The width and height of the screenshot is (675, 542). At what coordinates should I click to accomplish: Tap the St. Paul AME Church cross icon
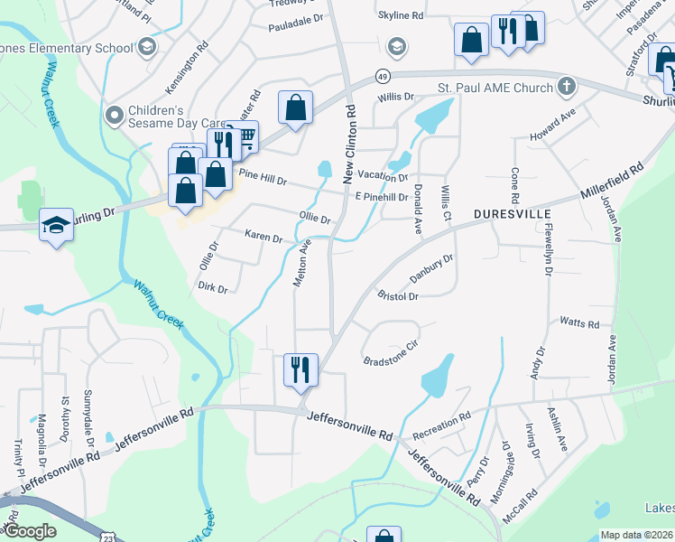[566, 87]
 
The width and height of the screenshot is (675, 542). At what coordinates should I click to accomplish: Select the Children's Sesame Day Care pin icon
[114, 115]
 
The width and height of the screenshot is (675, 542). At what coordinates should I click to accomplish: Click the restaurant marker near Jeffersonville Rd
[301, 369]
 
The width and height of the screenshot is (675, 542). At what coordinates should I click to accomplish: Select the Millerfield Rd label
[611, 179]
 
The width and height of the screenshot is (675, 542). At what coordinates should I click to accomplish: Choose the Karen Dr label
[264, 236]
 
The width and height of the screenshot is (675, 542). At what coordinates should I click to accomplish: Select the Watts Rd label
[579, 322]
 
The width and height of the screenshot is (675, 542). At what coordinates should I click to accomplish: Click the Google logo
[30, 531]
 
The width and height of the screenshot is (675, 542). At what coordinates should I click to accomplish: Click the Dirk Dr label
[212, 288]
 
